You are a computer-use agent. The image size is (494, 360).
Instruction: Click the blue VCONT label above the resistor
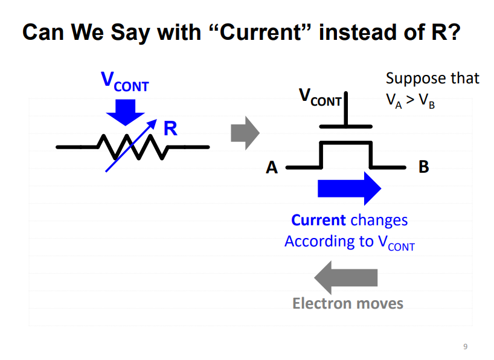pyautogui.click(x=124, y=82)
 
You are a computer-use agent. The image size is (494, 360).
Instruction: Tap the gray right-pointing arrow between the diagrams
pyautogui.click(x=244, y=132)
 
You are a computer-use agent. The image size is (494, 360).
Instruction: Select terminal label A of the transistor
pyautogui.click(x=272, y=167)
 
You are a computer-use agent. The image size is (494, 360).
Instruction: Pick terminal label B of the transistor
pyautogui.click(x=424, y=167)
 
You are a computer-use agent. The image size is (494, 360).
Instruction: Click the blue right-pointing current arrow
pyautogui.click(x=349, y=188)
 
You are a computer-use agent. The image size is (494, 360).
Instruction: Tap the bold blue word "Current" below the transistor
pyautogui.click(x=318, y=220)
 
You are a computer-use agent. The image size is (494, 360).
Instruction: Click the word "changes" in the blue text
pyautogui.click(x=379, y=220)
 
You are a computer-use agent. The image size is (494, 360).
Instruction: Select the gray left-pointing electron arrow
pyautogui.click(x=346, y=277)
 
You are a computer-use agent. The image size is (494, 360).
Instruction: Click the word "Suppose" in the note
pyautogui.click(x=408, y=79)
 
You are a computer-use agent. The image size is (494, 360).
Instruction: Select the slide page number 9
pyautogui.click(x=464, y=346)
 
